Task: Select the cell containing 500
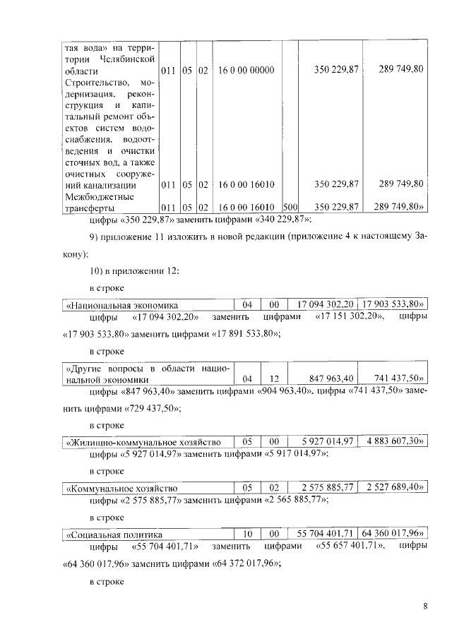[288, 206]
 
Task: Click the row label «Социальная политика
[114, 533]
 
